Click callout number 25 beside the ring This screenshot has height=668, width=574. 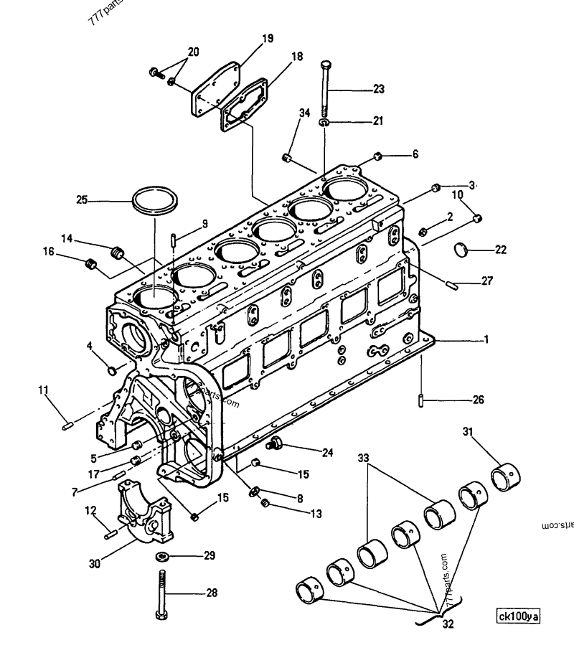pos(82,200)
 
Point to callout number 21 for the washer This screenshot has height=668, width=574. pos(378,122)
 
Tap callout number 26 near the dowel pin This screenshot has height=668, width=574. pos(477,400)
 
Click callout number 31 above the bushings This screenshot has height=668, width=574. pos(469,431)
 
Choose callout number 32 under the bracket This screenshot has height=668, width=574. pos(448,624)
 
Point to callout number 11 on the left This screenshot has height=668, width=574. pos(43,390)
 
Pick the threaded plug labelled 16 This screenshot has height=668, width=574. pos(91,265)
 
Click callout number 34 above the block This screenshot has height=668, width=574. pos(305,113)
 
